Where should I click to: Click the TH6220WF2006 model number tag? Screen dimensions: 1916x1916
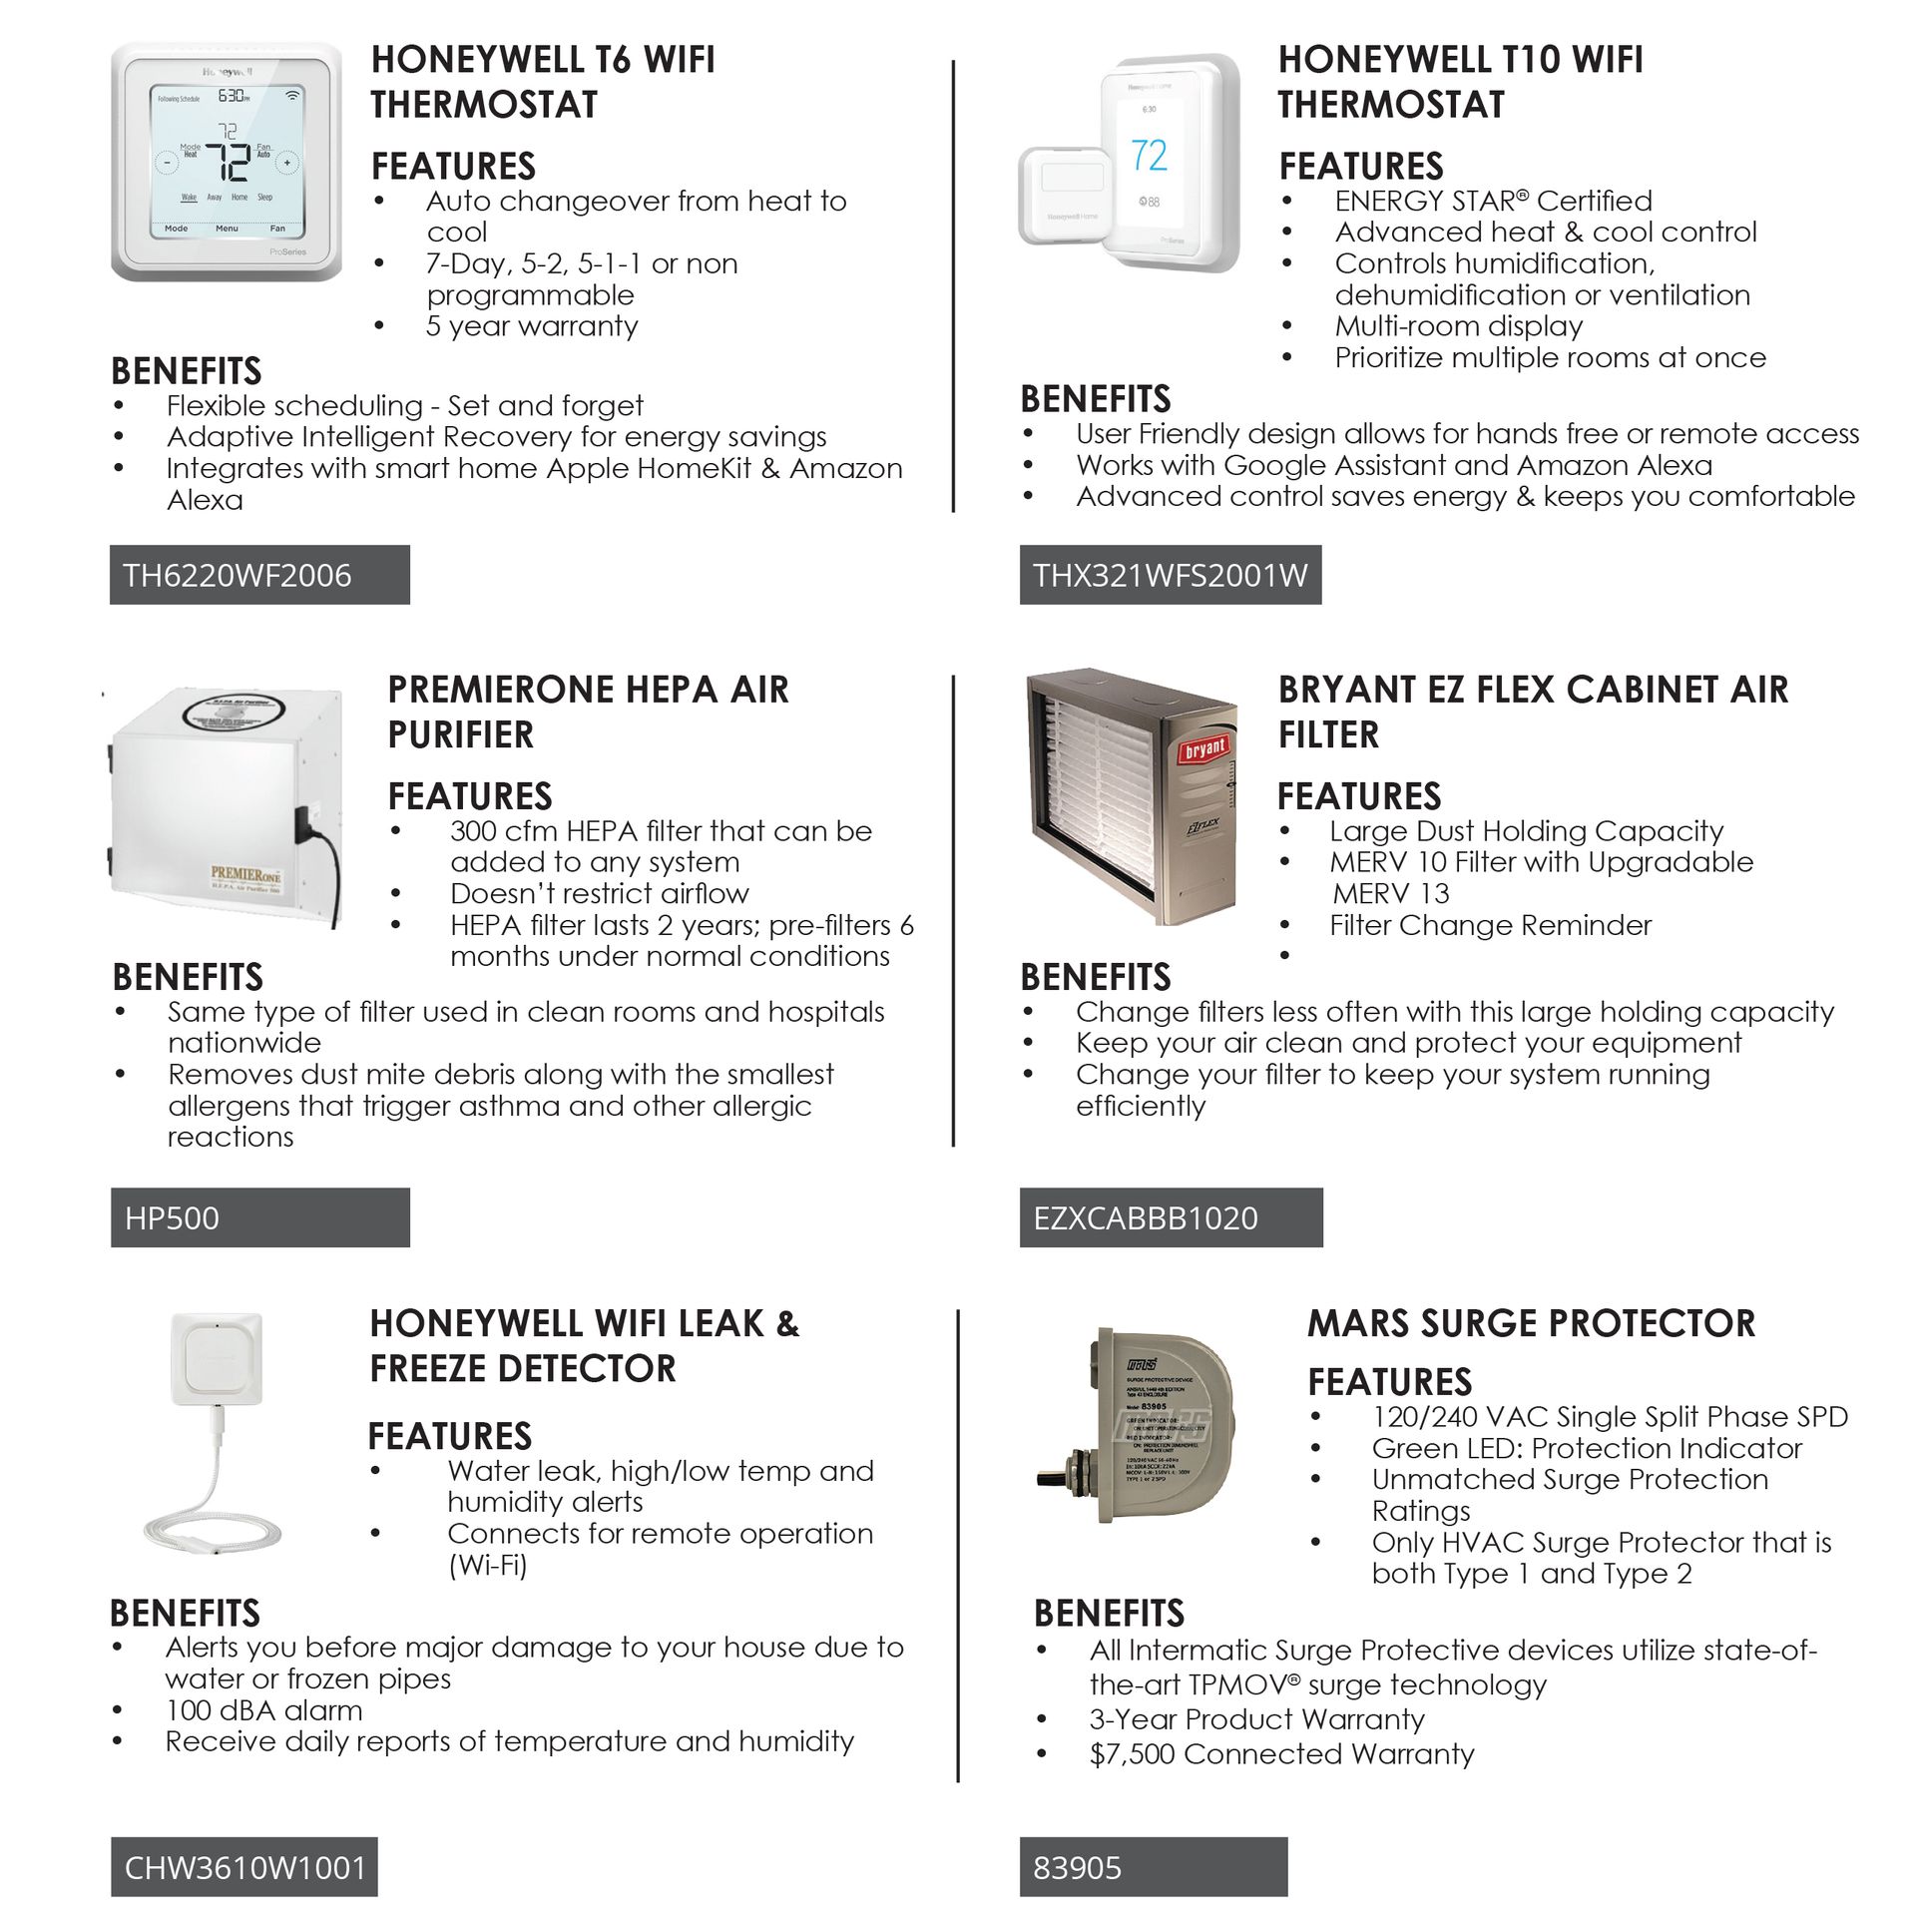coord(259,575)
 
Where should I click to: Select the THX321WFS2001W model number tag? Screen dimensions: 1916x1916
coord(1170,575)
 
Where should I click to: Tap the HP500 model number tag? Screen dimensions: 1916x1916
coord(259,1217)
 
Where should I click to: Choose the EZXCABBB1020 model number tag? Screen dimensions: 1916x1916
coord(1171,1217)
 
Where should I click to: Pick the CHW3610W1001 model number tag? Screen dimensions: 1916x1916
coord(244,1867)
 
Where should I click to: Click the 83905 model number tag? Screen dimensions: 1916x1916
coord(1153,1867)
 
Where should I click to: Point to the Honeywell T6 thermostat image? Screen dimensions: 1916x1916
coord(227,162)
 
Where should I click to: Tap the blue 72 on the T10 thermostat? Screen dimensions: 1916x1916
coord(1149,156)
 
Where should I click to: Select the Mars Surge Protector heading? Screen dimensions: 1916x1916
coord(1531,1323)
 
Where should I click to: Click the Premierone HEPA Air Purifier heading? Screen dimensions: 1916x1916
coord(588,712)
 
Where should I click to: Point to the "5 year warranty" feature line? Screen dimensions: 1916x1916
coord(532,326)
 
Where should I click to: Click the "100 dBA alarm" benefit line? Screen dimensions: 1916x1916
coord(263,1710)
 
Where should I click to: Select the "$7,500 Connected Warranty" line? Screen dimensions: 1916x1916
coord(1281,1754)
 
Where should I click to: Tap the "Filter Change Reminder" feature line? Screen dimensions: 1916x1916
coord(1490,925)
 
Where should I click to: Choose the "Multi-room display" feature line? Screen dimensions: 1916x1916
coord(1458,326)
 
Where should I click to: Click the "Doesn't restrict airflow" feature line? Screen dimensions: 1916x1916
coord(599,893)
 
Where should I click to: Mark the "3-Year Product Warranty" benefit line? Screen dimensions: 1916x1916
coord(1256,1719)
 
